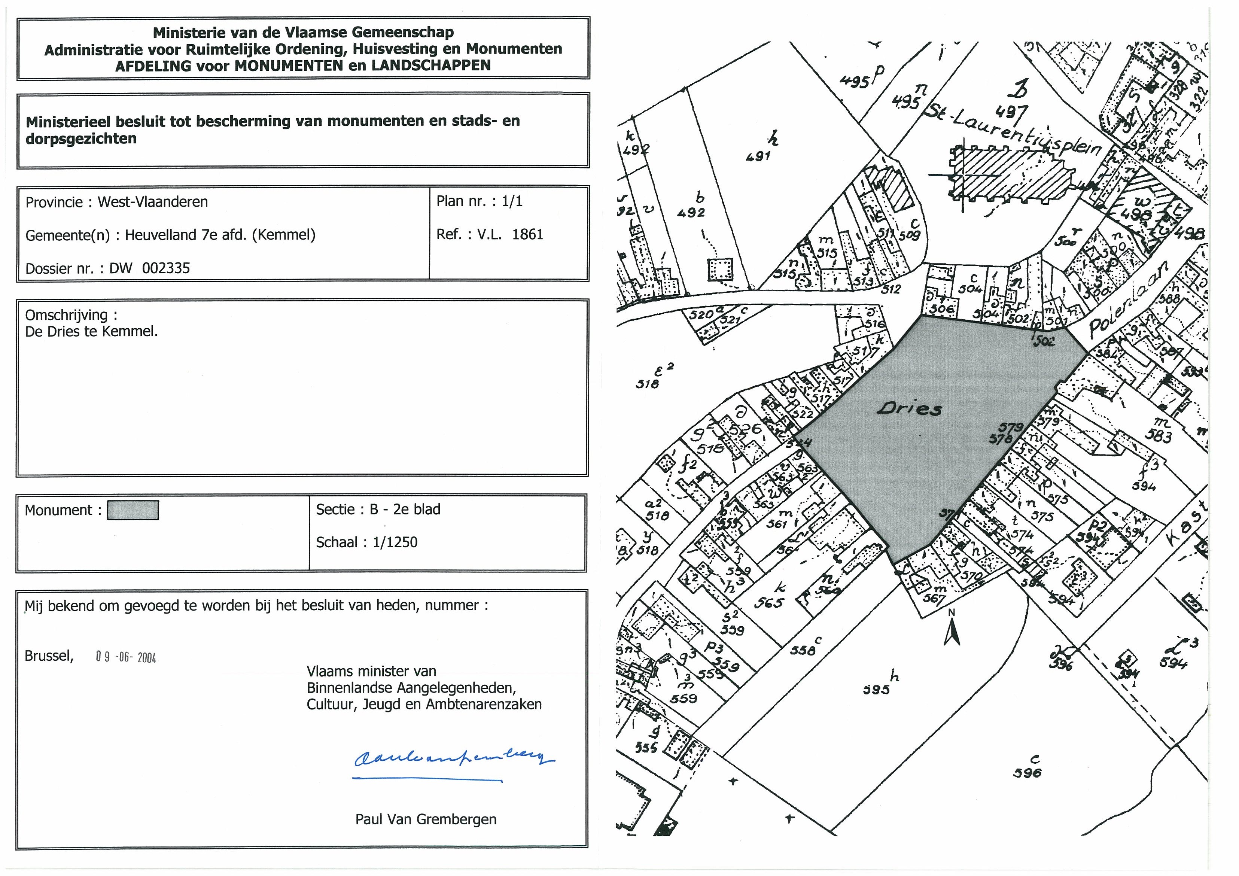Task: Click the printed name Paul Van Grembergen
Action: [x=426, y=819]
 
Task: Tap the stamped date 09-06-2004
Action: [x=126, y=657]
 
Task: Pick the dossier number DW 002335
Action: [x=149, y=268]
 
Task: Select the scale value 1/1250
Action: [x=395, y=542]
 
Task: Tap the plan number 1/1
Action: [x=512, y=201]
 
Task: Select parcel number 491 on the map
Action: [x=758, y=156]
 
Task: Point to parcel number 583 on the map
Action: [x=1159, y=435]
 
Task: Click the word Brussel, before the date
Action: [x=49, y=656]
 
